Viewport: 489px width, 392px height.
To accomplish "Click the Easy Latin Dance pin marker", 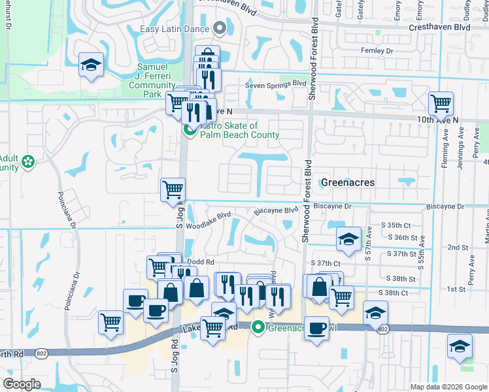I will [220, 29].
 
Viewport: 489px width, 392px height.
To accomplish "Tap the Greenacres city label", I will [348, 182].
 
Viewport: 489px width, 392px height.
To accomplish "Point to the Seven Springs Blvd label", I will [275, 84].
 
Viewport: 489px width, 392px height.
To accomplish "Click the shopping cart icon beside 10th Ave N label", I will [441, 103].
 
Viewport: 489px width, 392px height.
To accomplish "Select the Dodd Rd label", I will [201, 262].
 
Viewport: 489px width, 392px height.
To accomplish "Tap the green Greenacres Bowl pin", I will [259, 327].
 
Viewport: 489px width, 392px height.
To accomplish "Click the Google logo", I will [22, 384].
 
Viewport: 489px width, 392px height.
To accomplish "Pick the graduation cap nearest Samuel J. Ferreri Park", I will [92, 65].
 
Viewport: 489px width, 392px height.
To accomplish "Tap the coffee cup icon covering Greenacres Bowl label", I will [317, 327].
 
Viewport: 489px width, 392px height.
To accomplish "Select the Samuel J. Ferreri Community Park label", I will [152, 81].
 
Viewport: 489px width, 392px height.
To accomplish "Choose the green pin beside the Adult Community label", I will [27, 161].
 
